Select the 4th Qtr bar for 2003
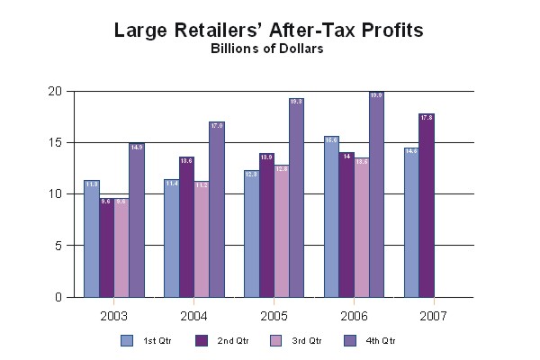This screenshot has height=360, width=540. (x=137, y=220)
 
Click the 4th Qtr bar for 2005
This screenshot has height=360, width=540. (x=296, y=198)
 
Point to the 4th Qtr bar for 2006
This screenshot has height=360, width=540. (x=376, y=194)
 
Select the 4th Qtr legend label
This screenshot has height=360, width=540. (x=381, y=340)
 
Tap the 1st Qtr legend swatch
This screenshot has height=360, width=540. (x=127, y=340)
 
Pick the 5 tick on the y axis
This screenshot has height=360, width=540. (x=58, y=246)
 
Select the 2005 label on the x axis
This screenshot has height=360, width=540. (x=274, y=316)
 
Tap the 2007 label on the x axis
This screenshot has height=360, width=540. (x=432, y=316)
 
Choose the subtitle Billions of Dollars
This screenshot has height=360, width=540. (x=267, y=49)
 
